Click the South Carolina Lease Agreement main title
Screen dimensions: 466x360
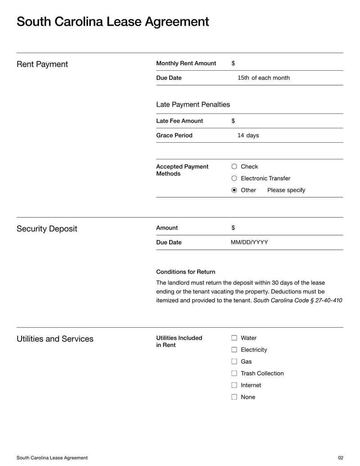coord(112,22)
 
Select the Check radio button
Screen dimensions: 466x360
coord(234,167)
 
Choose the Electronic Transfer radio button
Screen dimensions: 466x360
coord(234,178)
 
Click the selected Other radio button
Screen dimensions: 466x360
coord(234,190)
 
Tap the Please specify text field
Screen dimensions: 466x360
coord(286,190)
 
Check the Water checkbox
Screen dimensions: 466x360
coord(234,338)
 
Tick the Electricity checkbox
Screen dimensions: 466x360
coord(234,350)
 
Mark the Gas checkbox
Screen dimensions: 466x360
coord(234,362)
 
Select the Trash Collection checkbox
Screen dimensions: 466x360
coord(234,373)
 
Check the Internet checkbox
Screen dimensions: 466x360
coord(234,385)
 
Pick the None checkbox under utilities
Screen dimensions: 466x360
coord(234,397)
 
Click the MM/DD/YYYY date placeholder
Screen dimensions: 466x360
coord(249,242)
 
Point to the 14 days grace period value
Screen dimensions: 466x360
coord(248,135)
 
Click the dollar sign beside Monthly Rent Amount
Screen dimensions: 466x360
coord(233,63)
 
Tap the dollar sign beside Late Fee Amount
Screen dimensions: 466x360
coord(233,121)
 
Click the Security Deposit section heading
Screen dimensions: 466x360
coord(47,229)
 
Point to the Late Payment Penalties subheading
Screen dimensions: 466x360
coord(193,104)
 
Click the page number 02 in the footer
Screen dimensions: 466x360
coord(340,458)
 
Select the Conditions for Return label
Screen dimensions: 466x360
coord(185,272)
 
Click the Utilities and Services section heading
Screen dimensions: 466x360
coord(55,339)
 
